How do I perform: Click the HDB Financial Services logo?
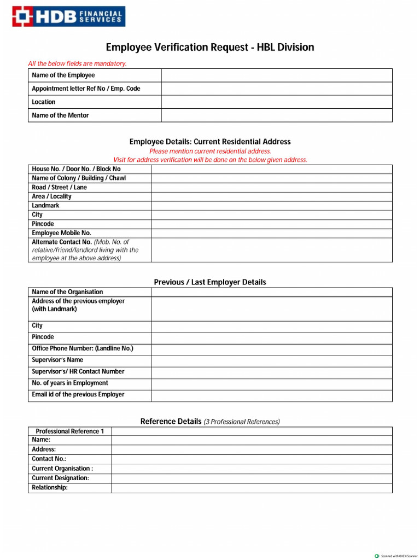point(69,16)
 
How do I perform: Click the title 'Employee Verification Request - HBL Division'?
point(210,48)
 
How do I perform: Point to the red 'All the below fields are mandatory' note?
point(77,63)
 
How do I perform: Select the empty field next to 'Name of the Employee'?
point(276,75)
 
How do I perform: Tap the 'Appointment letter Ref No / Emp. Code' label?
point(86,89)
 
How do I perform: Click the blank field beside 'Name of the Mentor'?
point(276,115)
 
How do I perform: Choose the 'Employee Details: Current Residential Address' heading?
point(210,142)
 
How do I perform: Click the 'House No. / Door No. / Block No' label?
point(76,169)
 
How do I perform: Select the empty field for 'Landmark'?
point(271,206)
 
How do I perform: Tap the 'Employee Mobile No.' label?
point(61,233)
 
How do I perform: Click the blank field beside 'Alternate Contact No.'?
point(271,250)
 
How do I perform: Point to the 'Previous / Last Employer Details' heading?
point(210,282)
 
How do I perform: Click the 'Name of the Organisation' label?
point(67,292)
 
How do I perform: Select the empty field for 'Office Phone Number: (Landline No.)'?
point(271,349)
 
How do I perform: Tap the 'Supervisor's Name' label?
point(57,360)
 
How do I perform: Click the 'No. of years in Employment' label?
point(70,383)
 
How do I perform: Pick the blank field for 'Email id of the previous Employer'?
point(271,395)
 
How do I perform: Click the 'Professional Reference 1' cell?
point(69,431)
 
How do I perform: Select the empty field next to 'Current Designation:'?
point(252,479)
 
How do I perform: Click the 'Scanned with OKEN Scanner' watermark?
point(396,556)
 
